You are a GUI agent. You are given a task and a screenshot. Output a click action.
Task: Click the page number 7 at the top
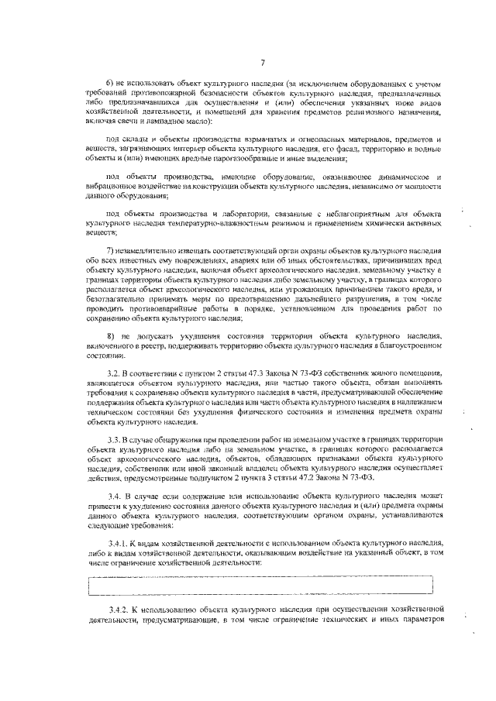point(263,63)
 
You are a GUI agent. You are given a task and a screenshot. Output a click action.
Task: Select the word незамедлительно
point(153,253)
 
